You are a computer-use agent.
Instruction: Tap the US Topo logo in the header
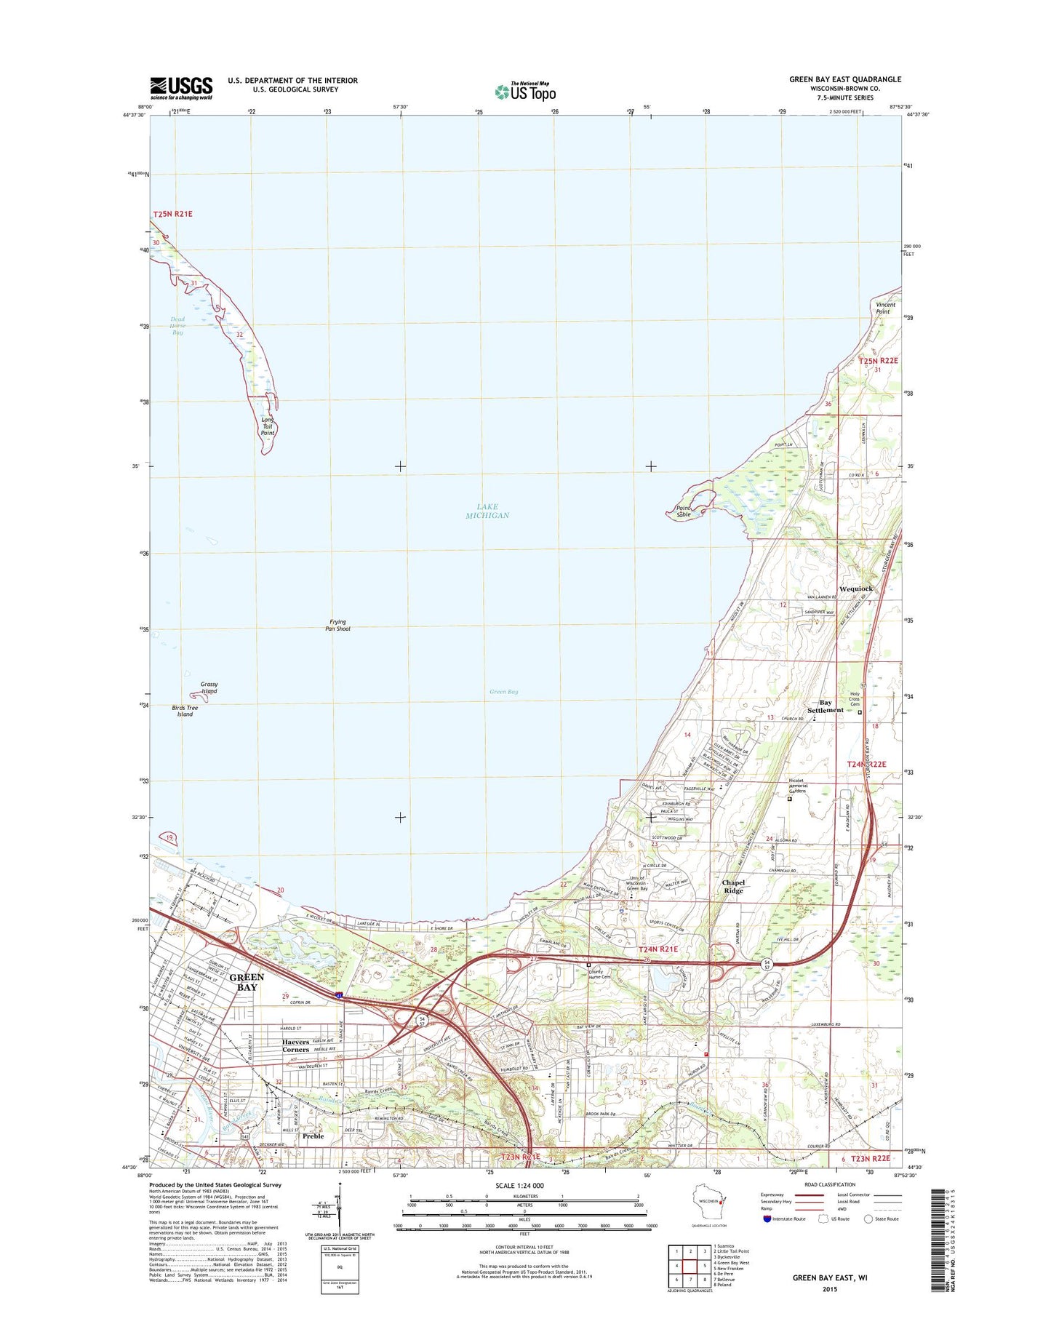pos(525,92)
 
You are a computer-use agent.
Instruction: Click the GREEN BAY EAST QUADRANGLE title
pos(845,79)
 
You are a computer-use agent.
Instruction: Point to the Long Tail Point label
pos(268,426)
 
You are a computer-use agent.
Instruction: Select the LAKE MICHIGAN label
pos(487,511)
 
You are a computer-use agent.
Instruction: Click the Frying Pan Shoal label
pos(337,625)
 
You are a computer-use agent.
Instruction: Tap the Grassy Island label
pos(209,687)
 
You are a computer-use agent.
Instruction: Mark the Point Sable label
pos(683,511)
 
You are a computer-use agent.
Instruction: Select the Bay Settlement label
pos(826,706)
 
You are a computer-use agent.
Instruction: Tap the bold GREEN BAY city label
pos(247,982)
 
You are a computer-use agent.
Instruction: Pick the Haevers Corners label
pos(295,1046)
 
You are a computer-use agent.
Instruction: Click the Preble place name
pos(313,1136)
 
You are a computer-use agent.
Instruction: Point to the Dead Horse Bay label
pos(177,326)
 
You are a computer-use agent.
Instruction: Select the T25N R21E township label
pos(172,214)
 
